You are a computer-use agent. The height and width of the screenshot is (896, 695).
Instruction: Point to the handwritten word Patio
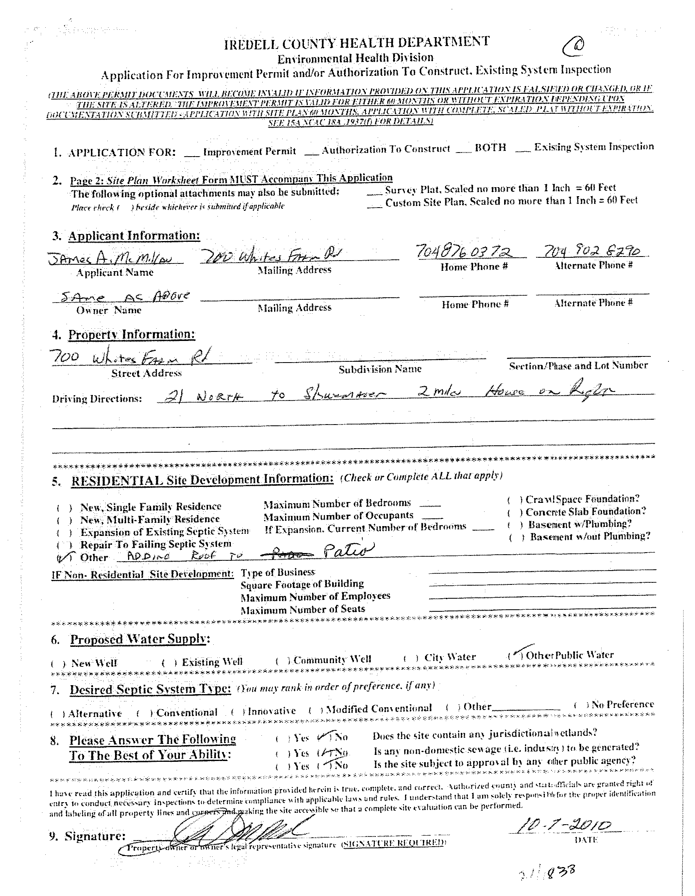pos(348,549)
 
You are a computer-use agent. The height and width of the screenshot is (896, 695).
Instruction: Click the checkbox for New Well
pos(59,664)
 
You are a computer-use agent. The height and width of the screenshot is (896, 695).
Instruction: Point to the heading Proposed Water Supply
pos(140,639)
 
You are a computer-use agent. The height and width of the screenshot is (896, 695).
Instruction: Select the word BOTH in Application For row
pos(490,148)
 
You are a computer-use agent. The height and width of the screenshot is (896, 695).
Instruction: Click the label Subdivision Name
pos(380,369)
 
